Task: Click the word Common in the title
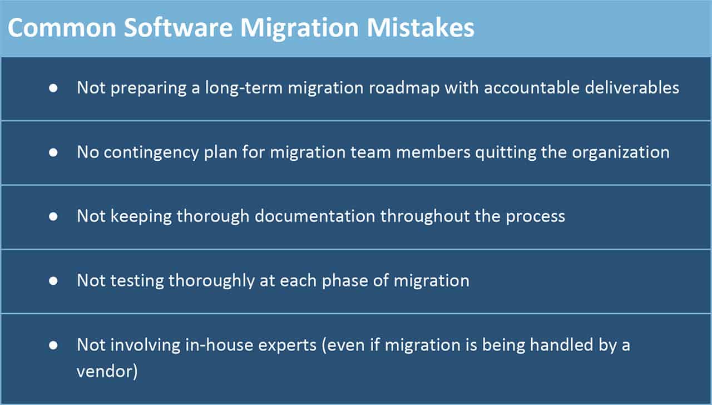(62, 28)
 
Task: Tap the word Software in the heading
(179, 27)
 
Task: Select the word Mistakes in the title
(420, 27)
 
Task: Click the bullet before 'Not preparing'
(53, 88)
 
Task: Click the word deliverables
(632, 87)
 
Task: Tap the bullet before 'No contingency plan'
(53, 152)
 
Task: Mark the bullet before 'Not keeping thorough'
(53, 216)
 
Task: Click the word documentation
(315, 216)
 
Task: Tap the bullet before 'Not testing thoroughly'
(53, 281)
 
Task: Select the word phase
(345, 281)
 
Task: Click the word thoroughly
(211, 281)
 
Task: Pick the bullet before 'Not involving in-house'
(53, 345)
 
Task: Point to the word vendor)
(107, 371)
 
